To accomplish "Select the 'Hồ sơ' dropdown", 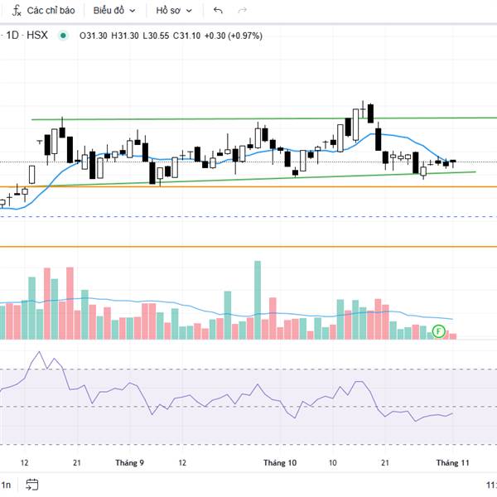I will point(173,11).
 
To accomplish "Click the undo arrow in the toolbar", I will point(218,11).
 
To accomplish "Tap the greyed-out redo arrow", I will point(242,11).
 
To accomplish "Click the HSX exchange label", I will point(37,35).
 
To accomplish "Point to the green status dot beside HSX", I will point(63,35).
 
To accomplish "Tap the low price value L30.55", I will point(157,35).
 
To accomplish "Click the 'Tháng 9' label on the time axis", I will point(130,463).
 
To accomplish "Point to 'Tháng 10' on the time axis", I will point(280,463).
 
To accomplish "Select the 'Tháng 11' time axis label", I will point(453,463).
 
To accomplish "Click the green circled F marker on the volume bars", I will point(439,331).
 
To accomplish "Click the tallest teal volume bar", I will point(258,299).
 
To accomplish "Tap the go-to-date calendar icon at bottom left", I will point(31,485).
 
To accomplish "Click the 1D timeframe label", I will point(12,35).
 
